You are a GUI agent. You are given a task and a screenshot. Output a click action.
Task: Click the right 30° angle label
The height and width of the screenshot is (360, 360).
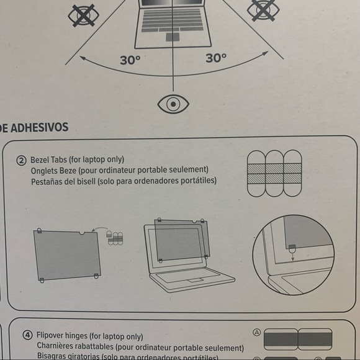point(216,58)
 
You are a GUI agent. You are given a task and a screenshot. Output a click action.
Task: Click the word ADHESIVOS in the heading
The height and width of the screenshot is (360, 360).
point(39,128)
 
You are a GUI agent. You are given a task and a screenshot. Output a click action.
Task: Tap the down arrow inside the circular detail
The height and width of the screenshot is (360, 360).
point(292,256)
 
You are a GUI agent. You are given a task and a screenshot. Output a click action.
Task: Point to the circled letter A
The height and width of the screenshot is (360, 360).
point(257,332)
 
